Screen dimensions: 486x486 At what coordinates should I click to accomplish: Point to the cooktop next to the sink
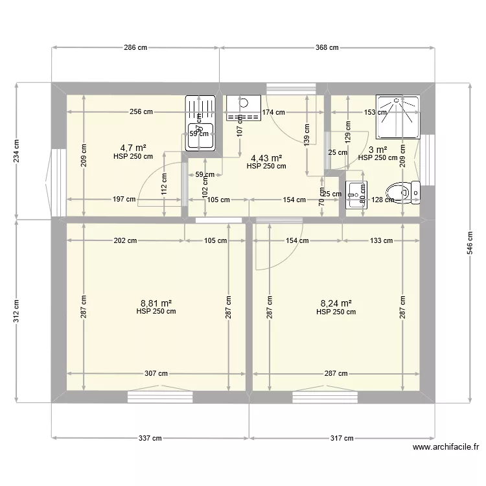click(243, 108)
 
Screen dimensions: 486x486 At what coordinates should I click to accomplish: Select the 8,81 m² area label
click(156, 303)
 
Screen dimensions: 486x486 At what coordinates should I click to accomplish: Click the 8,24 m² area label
click(336, 303)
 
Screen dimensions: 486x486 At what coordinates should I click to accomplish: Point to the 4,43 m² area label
click(266, 157)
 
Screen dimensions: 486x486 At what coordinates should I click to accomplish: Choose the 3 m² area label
click(378, 149)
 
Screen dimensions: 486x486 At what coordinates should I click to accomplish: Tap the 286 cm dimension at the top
click(135, 47)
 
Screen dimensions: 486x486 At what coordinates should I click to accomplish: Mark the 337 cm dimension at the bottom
click(150, 438)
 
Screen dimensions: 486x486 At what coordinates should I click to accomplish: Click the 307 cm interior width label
click(156, 373)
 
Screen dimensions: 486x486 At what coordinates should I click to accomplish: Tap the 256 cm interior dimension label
click(141, 111)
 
